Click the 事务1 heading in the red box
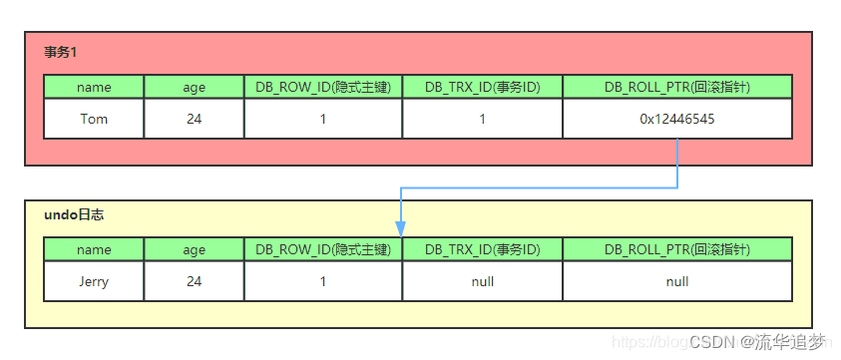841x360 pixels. (61, 51)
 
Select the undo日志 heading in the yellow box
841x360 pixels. (75, 214)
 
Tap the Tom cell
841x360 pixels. (94, 119)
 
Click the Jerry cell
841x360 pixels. (94, 281)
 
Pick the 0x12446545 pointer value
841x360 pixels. (676, 119)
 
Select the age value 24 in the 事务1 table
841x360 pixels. (194, 119)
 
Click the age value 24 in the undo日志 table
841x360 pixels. (194, 281)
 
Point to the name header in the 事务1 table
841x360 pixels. (94, 87)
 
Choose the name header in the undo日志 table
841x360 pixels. (94, 249)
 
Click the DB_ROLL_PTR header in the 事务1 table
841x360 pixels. (676, 87)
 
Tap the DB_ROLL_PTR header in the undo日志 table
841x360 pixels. (676, 249)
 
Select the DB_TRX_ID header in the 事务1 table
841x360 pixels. (482, 87)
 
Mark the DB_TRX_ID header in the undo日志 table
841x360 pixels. (482, 249)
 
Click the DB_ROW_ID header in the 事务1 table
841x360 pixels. (323, 87)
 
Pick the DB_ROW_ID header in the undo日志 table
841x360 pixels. (323, 249)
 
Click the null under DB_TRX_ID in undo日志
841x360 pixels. (482, 281)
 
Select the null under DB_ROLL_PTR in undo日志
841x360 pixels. (676, 281)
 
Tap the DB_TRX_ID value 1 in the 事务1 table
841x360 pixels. (482, 119)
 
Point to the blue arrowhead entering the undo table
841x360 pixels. (401, 229)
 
